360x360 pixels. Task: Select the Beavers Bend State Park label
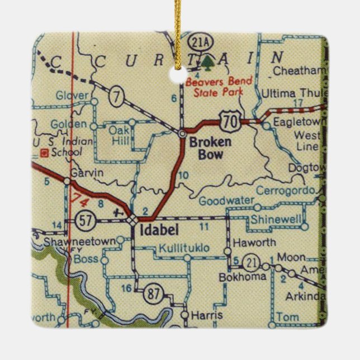[219, 86]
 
